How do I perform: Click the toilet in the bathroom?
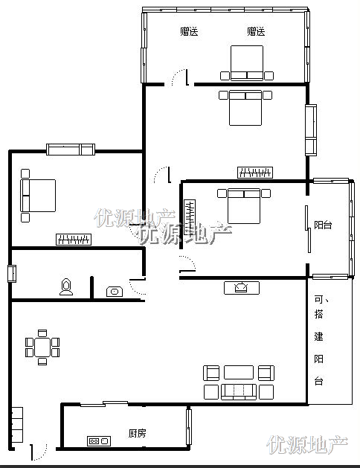click(66, 287)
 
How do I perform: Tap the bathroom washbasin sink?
click(115, 292)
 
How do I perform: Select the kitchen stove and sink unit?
click(99, 440)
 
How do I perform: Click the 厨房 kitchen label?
click(137, 433)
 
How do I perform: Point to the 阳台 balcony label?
click(323, 225)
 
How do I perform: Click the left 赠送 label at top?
click(189, 31)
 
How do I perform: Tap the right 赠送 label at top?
click(256, 31)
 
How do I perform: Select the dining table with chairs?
click(42, 347)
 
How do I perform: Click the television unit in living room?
click(242, 288)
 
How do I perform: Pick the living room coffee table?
click(239, 373)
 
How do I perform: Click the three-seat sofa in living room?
click(239, 392)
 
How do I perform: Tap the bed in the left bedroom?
click(38, 196)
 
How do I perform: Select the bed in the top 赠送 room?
click(247, 63)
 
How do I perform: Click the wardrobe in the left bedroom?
click(74, 240)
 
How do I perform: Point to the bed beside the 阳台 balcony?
click(244, 206)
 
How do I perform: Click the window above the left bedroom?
click(71, 150)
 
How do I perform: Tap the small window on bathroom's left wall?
click(12, 273)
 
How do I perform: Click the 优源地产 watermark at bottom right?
click(307, 445)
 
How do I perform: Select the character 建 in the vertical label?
click(319, 336)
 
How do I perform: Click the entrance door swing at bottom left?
click(39, 452)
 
